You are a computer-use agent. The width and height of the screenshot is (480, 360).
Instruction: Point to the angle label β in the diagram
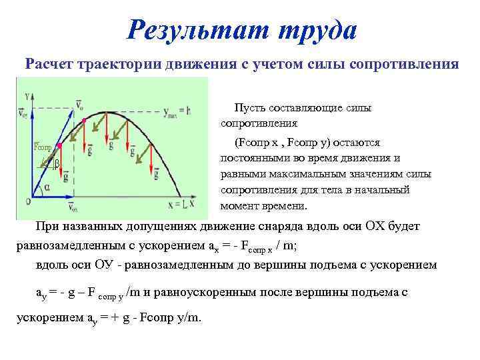(57, 163)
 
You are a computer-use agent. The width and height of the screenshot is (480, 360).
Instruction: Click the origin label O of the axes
(28, 201)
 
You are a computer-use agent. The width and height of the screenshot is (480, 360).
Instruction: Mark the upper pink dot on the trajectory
(83, 120)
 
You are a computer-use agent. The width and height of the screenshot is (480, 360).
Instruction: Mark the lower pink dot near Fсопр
(60, 145)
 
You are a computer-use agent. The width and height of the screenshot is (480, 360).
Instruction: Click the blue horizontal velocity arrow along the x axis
(51, 198)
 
